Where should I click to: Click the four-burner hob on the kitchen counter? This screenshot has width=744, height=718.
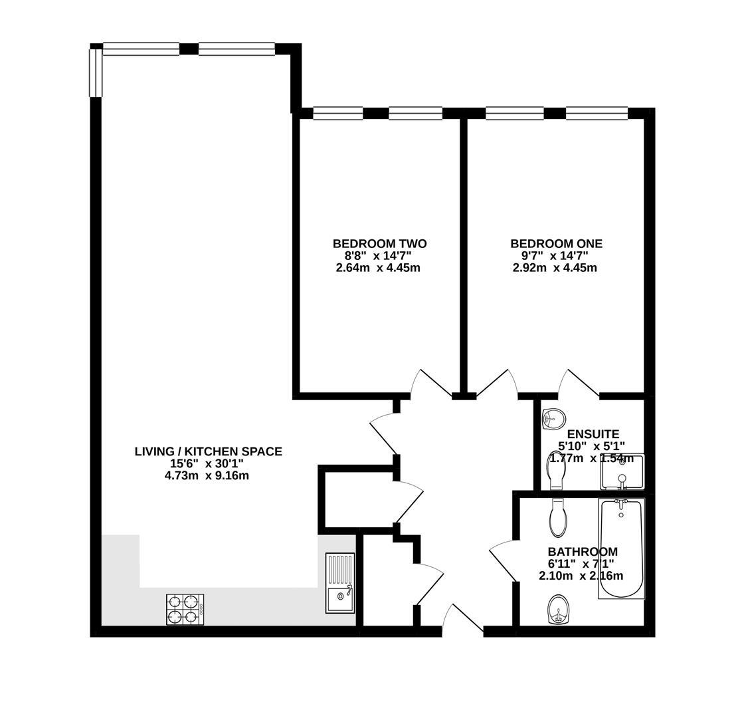[185, 609]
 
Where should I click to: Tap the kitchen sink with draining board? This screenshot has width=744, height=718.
[339, 582]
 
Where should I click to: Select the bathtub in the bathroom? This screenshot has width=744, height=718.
[621, 548]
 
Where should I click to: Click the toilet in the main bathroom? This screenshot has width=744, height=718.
[558, 518]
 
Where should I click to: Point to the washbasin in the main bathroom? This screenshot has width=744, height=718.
[558, 610]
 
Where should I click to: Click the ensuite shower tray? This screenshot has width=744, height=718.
[622, 472]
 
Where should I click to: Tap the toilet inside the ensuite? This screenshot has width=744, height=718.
[555, 470]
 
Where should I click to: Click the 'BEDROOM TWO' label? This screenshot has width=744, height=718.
[379, 244]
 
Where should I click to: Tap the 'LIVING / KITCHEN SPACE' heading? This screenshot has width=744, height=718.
[208, 452]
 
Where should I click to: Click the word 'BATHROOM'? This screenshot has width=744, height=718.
[582, 552]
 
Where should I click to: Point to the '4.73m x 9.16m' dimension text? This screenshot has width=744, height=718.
[207, 476]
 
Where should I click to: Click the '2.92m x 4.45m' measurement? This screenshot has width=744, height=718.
[555, 268]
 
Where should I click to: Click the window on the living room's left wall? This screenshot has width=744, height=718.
[96, 72]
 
